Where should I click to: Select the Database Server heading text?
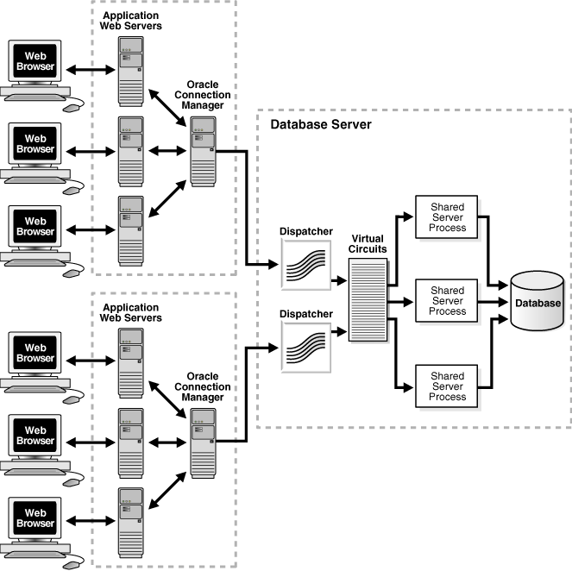(x=320, y=124)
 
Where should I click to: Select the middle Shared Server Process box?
(x=448, y=301)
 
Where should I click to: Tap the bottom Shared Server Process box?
(x=448, y=386)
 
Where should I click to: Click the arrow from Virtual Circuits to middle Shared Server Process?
(x=401, y=301)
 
